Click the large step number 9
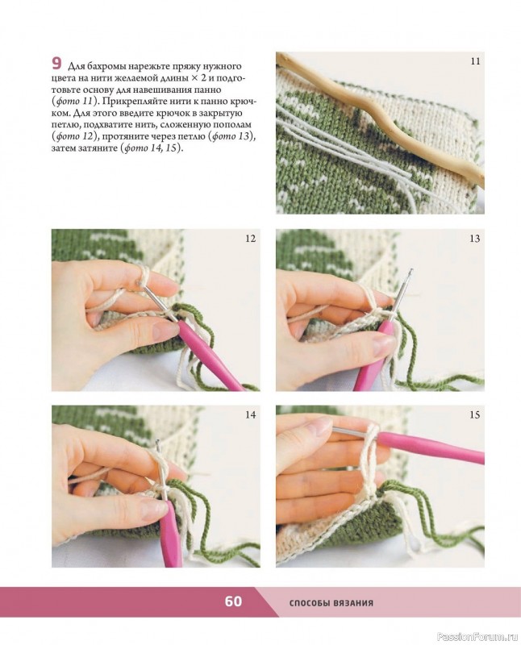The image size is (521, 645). [56, 64]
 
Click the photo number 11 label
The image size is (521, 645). [475, 61]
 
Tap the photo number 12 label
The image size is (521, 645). [251, 238]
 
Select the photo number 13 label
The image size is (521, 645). [475, 238]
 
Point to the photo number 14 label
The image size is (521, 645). [251, 414]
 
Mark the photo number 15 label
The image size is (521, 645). [475, 414]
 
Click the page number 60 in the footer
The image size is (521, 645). [233, 601]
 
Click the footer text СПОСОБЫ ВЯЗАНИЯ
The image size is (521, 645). [331, 603]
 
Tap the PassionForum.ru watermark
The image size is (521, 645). [477, 637]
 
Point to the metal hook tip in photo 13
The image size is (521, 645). [410, 272]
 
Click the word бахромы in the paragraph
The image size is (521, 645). [105, 66]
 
